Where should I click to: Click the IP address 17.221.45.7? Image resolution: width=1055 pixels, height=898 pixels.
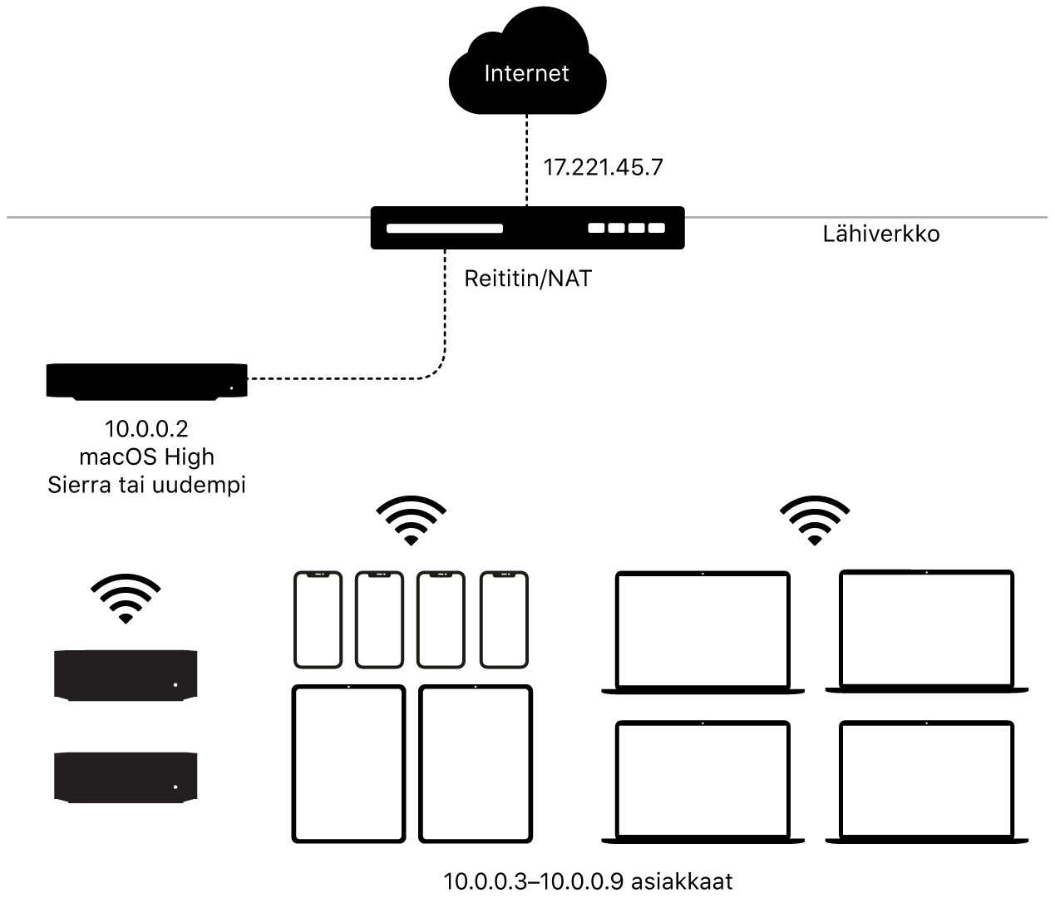point(603,167)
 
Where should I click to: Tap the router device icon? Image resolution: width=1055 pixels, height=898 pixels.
point(527,227)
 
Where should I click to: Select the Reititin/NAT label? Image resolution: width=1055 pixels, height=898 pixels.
point(528,279)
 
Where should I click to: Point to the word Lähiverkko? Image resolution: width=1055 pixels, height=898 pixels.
point(880,234)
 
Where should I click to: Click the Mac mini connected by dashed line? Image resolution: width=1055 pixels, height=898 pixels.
point(146,382)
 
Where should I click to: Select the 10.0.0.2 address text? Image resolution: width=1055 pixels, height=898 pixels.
point(146,429)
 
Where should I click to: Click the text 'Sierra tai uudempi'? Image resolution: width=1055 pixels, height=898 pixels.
point(146,485)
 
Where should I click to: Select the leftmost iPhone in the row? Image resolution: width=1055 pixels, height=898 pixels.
point(318,619)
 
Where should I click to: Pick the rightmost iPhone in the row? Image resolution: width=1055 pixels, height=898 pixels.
point(504,619)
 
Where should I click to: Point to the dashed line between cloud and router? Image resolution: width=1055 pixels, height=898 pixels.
point(526,158)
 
